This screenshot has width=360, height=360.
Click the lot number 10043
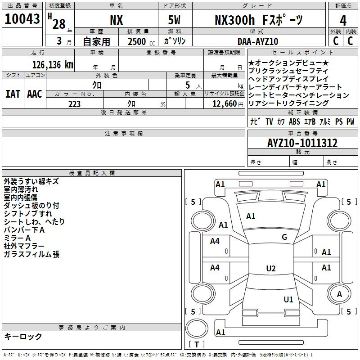[x=22, y=19]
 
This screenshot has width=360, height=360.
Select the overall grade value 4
[x=343, y=21]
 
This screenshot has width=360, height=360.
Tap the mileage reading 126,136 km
[x=53, y=65]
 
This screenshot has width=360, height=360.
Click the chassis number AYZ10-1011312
[x=302, y=143]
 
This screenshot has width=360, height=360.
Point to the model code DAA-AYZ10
[x=258, y=41]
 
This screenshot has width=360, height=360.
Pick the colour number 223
[x=74, y=104]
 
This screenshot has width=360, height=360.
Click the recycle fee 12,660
[x=225, y=104]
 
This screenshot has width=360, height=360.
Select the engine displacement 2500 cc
[x=141, y=41]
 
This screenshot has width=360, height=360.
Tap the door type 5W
[x=174, y=20]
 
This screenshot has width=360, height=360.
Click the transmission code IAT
[x=13, y=94]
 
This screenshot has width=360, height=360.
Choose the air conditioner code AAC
[x=35, y=94]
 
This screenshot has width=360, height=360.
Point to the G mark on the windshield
[x=284, y=237]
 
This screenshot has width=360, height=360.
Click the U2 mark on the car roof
[x=271, y=268]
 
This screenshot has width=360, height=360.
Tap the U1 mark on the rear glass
[x=288, y=299]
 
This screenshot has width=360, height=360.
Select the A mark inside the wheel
[x=339, y=294]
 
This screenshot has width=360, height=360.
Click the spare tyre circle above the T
[x=197, y=328]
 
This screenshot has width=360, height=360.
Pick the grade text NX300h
[x=234, y=20]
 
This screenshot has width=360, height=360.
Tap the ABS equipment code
[x=294, y=121]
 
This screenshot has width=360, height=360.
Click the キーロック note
[x=23, y=336]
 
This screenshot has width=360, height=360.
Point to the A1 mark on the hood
[x=251, y=216]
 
